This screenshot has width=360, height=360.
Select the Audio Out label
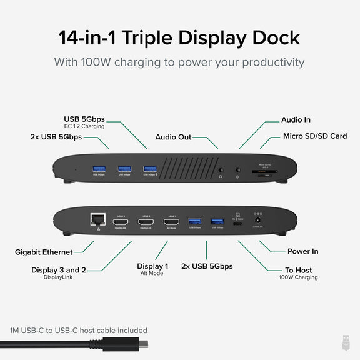pos(173,137)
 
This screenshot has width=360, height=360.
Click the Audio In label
pos(296,119)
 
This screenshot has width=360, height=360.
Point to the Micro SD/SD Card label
pos(314,136)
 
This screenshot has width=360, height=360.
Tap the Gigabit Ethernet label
pos(44,252)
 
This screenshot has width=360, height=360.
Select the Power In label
pos(302,251)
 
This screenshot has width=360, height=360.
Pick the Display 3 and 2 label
pos(59,270)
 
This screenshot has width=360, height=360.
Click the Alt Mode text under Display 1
pos(152,274)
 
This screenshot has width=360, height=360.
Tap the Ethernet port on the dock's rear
pos(97,220)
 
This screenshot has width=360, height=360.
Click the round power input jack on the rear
pos(257,220)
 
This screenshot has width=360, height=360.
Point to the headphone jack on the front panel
pos(221,169)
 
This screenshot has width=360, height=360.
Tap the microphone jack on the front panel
pos(237,169)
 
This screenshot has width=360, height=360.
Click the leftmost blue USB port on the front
pos(99,169)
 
